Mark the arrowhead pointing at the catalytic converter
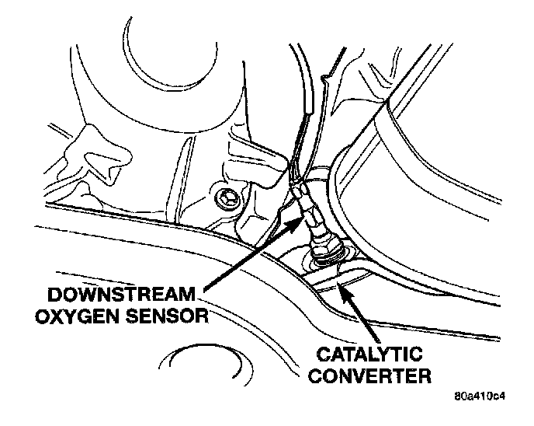point(341,288)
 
